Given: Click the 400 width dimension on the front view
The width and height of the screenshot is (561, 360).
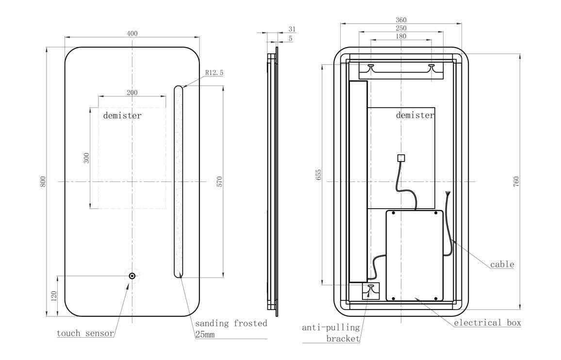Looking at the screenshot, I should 132,33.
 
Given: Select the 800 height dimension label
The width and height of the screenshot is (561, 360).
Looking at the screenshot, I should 43,181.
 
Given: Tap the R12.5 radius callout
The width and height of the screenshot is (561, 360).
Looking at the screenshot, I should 214,73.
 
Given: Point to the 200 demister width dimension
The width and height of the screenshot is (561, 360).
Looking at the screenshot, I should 132,93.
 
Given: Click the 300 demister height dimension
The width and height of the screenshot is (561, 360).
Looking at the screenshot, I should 86,158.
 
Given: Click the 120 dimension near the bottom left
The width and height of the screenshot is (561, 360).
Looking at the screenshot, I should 54,295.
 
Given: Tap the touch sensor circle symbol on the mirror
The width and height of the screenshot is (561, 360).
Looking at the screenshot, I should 132,276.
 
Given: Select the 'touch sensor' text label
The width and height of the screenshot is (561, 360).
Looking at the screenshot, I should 85,333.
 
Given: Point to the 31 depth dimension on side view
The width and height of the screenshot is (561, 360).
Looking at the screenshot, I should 292,30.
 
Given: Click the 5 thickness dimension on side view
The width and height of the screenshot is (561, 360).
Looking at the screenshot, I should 291,38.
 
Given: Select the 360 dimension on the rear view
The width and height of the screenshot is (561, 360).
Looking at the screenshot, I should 401,20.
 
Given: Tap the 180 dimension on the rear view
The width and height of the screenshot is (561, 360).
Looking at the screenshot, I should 401,36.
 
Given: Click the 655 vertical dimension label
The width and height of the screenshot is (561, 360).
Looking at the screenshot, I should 318,175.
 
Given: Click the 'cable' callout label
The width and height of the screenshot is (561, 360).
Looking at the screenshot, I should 502,264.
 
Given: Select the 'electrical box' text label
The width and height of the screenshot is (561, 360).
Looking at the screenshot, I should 487,323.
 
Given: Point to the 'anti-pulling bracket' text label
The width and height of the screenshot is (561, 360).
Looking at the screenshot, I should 331,333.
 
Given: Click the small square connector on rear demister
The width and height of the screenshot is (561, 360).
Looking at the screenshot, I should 401,157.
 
